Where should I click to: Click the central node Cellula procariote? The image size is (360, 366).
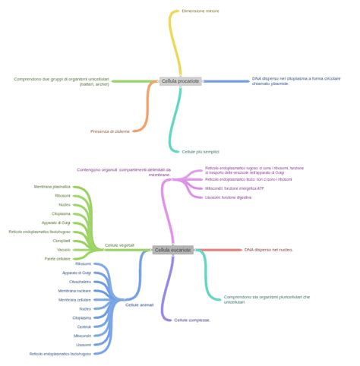(180, 80)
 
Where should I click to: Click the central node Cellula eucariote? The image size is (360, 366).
(172, 249)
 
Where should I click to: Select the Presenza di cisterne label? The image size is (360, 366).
(109, 131)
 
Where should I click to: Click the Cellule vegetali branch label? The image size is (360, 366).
(119, 245)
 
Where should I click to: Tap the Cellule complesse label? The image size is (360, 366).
(192, 320)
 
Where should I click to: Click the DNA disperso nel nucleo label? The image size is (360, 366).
(268, 249)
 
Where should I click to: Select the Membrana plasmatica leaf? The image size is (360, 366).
(52, 186)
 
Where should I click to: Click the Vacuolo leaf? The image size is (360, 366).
(64, 249)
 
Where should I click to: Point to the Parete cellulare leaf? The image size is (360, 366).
(57, 258)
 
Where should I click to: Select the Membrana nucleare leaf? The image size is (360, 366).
(74, 290)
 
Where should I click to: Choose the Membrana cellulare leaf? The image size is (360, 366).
(74, 299)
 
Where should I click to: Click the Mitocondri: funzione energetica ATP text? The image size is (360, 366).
(235, 188)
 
